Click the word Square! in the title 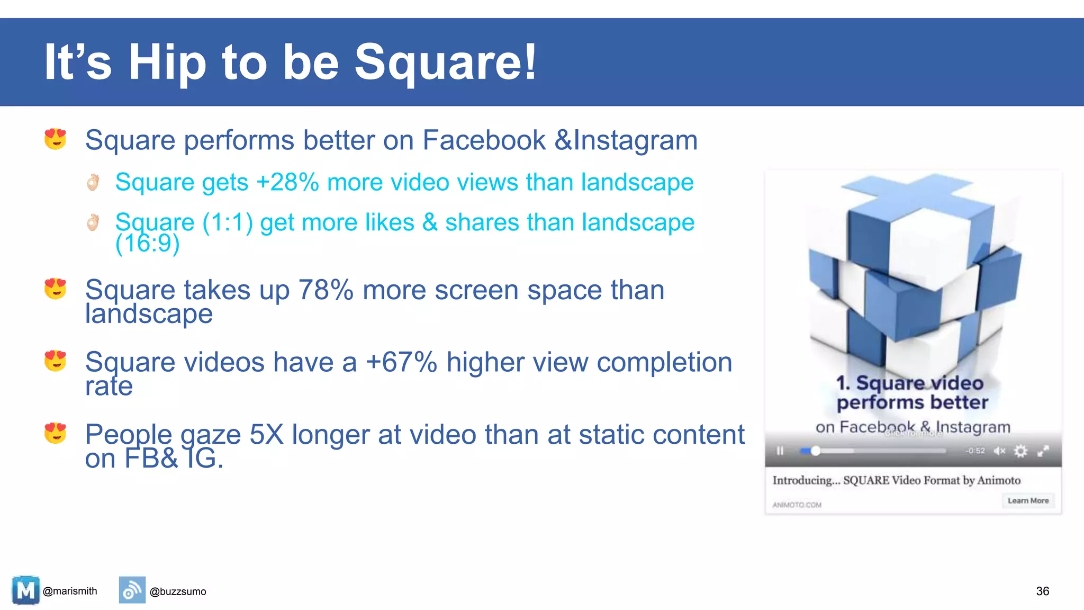tap(445, 62)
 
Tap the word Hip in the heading tap(167, 62)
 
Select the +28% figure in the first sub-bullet tap(287, 182)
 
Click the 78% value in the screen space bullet tap(326, 290)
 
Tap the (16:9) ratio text tap(147, 244)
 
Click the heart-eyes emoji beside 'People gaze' tap(55, 433)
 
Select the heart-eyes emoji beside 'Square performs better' tap(55, 139)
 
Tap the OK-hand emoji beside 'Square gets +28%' tap(93, 182)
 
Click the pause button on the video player tap(780, 451)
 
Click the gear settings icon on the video tap(1020, 451)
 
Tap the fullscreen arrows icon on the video tap(1043, 451)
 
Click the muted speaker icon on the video tap(999, 451)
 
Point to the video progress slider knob tap(815, 451)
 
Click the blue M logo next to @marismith tap(25, 590)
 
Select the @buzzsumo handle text tap(178, 591)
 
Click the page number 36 tap(1042, 591)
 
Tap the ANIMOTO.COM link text tap(797, 505)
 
